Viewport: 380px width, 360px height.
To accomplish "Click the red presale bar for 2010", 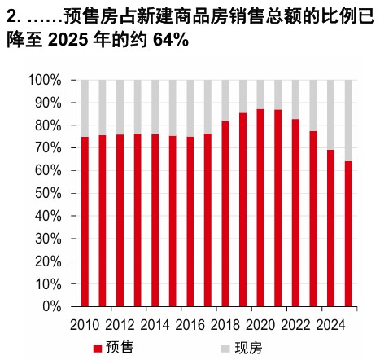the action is coord(85,222).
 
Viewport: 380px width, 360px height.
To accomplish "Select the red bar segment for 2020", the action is coord(260,208).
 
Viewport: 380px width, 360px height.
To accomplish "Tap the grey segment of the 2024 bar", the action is coord(330,115).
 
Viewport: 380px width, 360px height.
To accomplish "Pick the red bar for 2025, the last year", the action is coord(348,234).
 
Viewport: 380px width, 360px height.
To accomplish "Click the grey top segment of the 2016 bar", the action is coord(190,108).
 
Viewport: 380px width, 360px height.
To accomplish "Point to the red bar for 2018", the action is coord(225,214).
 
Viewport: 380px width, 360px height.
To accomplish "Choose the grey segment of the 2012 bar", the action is coord(120,108).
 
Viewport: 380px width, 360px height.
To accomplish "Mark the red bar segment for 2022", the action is coord(295,213).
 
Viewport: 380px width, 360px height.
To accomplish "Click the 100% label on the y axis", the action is coord(45,80).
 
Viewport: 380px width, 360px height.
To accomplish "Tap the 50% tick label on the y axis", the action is coord(48,193).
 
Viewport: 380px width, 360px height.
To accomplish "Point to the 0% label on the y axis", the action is coord(52,306).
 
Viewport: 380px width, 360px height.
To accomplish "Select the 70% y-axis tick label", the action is coord(48,148).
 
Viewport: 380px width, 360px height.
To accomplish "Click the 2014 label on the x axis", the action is coord(155,325).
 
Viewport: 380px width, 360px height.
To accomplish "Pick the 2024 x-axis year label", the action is coord(331,325).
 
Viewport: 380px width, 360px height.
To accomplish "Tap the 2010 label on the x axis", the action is coord(85,325).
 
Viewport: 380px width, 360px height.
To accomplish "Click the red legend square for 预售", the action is coord(98,349).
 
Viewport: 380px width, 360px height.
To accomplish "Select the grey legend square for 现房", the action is coord(225,349).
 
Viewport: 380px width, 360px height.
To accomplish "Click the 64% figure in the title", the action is coord(171,40).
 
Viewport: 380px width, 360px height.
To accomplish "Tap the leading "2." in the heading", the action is coord(14,16).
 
